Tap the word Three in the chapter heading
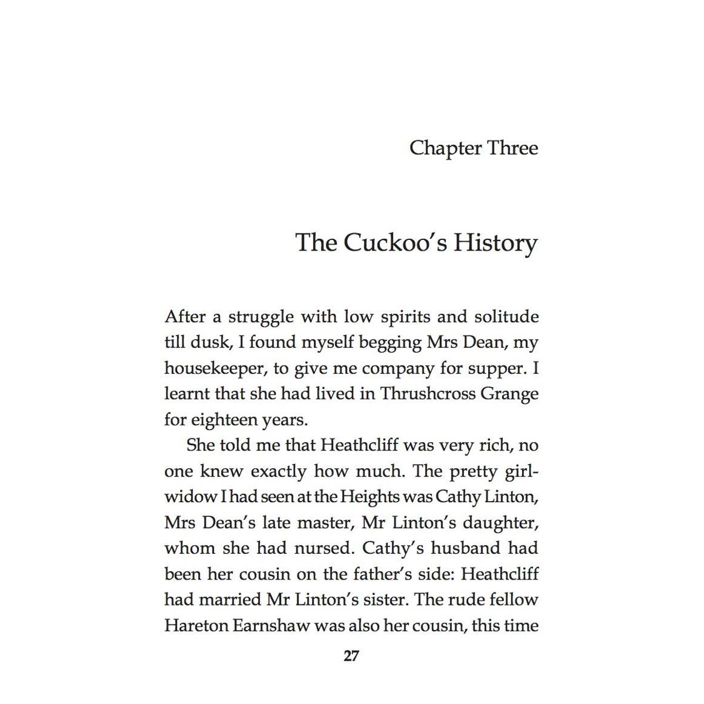pyautogui.click(x=513, y=148)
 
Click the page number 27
pyautogui.click(x=351, y=656)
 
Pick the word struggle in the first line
pyautogui.click(x=260, y=317)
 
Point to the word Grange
pyautogui.click(x=509, y=394)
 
